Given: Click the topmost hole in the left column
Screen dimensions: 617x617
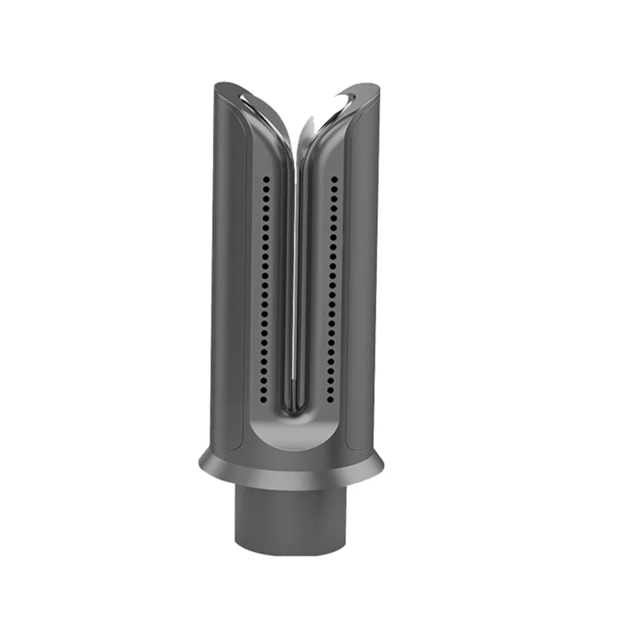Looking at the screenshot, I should click(264, 179).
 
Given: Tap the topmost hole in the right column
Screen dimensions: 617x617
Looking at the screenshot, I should click(334, 179).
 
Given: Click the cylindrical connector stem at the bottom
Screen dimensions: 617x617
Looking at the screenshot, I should click(290, 517).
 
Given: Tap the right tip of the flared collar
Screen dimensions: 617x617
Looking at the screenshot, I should click(383, 464).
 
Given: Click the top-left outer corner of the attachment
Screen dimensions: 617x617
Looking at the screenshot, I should click(217, 84).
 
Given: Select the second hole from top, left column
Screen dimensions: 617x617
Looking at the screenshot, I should click(264, 188).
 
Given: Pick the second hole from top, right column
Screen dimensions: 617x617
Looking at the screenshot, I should click(334, 188).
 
